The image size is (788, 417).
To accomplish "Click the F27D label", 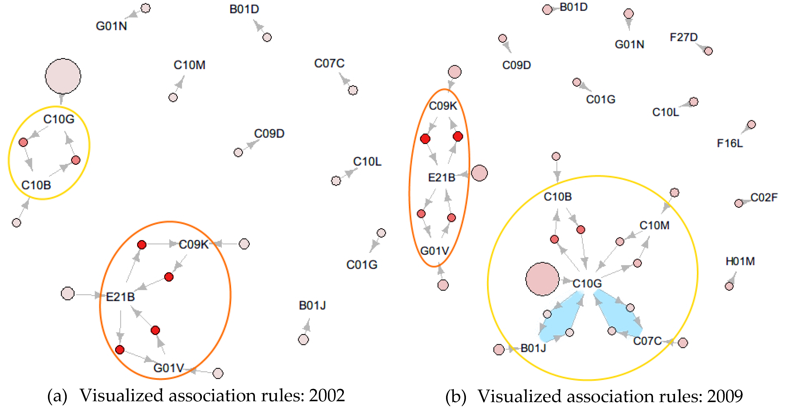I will [x=683, y=37].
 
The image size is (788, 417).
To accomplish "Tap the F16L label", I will [x=730, y=143].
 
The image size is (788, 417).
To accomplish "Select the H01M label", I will [x=740, y=261].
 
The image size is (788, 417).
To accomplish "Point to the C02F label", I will [x=764, y=198].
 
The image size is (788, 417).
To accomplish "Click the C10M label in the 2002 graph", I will [x=189, y=65].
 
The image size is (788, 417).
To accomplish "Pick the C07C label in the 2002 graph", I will [x=329, y=63].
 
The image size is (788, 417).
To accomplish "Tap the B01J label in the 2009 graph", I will [x=533, y=348].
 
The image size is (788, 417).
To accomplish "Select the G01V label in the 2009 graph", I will [x=434, y=251].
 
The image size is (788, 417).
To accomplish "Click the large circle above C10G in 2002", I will [x=63, y=76].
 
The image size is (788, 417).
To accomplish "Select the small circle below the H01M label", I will [x=729, y=286].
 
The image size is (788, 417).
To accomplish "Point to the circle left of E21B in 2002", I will [x=68, y=293].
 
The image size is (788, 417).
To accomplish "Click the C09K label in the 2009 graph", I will [x=443, y=106].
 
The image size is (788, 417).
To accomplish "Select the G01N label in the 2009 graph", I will [x=629, y=45].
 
